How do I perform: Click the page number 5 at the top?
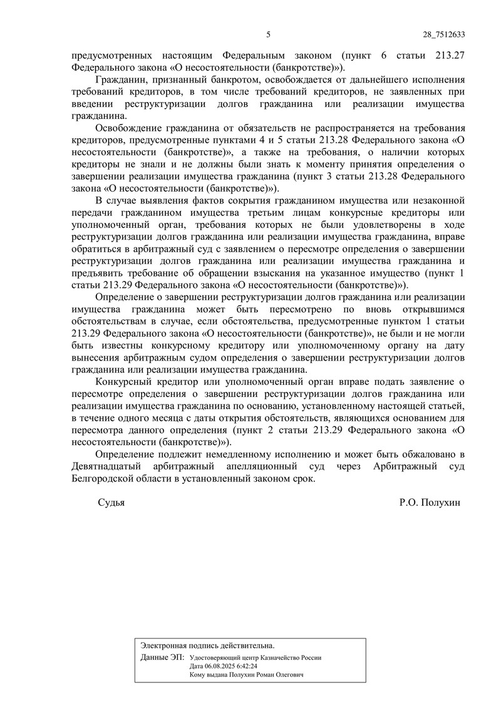(x=268, y=34)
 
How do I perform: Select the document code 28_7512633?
(x=440, y=34)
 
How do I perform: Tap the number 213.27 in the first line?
(x=448, y=54)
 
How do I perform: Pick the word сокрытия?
(x=249, y=201)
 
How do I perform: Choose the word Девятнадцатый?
(x=106, y=467)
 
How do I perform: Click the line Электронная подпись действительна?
(x=208, y=644)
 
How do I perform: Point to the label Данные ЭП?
(x=163, y=658)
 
